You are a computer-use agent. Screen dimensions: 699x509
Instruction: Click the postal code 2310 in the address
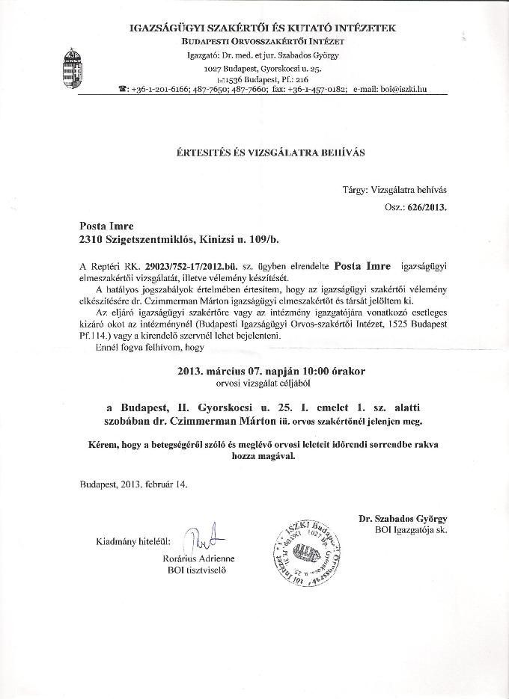tap(93, 239)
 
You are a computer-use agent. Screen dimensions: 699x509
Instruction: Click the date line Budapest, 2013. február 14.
tap(134, 483)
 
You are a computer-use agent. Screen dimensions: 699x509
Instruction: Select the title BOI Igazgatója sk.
tap(410, 530)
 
